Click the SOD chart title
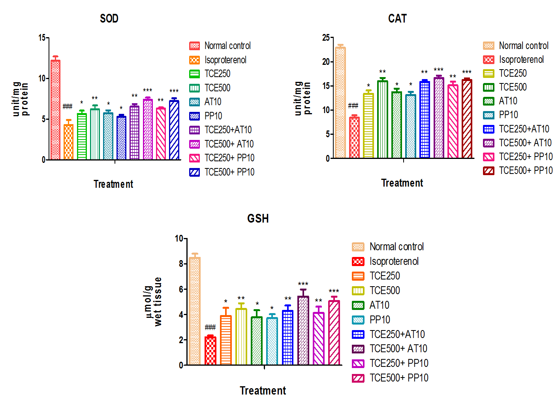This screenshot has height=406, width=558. [109, 19]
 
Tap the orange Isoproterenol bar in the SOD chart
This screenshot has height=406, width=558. [68, 142]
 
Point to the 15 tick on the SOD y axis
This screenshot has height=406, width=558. [42, 38]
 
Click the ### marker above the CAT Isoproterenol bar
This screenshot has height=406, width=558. [353, 106]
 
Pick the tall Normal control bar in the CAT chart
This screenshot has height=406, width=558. [340, 103]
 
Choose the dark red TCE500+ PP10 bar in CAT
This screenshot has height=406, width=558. [467, 119]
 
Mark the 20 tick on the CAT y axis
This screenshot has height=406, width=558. [326, 62]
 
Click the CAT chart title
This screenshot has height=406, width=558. [397, 19]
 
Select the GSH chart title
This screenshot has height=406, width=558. [258, 219]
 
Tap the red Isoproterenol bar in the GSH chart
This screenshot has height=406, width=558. [210, 351]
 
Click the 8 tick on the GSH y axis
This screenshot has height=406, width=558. [181, 264]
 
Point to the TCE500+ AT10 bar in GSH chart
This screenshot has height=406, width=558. [303, 330]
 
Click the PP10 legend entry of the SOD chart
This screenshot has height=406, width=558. [213, 116]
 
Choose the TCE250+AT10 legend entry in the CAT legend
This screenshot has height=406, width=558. [524, 129]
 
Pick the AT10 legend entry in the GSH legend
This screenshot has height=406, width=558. [379, 305]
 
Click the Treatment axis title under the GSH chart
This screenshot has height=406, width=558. [263, 391]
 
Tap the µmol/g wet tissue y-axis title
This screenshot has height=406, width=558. [153, 301]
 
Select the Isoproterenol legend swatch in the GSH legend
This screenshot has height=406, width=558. [358, 261]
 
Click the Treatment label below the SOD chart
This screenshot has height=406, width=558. [113, 184]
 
